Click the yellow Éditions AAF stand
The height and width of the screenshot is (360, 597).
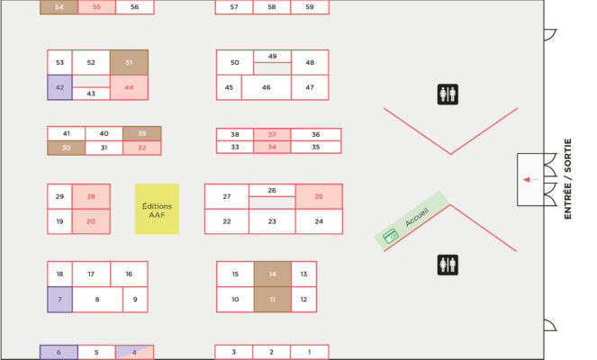157,209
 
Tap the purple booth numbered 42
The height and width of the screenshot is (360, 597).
59,87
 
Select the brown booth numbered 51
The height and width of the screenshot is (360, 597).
129,62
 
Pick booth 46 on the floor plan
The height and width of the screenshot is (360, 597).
267,87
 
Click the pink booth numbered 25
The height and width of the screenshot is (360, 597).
319,196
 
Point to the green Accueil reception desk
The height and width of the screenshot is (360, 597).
412,220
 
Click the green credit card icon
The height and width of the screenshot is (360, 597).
391,236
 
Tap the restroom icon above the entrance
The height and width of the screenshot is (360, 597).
448,94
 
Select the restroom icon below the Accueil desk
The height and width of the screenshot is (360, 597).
448,265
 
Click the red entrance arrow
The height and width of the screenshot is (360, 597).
530,180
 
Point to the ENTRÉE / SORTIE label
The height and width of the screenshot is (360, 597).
567,179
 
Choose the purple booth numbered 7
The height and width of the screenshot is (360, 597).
59,300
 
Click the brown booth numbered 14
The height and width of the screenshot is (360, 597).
272,274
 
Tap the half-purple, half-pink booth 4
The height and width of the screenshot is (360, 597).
134,353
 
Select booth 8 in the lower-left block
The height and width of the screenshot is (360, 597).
97,300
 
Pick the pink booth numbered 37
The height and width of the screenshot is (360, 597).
272,134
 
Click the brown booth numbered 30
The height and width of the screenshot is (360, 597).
67,148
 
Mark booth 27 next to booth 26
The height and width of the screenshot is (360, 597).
227,196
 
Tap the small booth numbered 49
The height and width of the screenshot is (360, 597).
272,57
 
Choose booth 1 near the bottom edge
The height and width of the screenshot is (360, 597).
309,352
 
